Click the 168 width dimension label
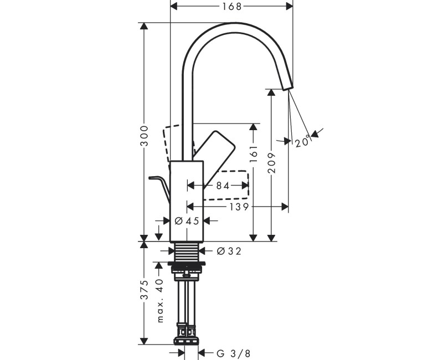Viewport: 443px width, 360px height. coord(231,6)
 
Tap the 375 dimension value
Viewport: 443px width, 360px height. coord(145,290)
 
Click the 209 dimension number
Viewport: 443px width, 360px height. coord(271,164)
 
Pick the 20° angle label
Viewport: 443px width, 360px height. coord(302,142)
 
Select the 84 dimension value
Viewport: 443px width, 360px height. coord(223,186)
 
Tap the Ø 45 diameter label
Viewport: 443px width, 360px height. coord(187,220)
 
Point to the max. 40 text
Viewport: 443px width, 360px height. coord(159,301)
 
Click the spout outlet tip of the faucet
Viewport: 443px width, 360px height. coord(287,86)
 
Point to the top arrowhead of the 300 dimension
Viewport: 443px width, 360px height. coord(145,27)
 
